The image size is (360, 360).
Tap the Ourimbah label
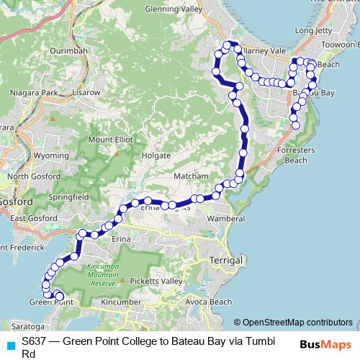pos(70,50)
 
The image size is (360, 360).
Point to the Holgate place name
pos(156,155)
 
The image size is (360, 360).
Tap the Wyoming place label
pos(51,155)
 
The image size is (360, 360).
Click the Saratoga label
pos(24,316)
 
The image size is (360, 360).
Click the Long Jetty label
pos(314,31)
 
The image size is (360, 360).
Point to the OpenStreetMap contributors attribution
pos(293,323)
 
